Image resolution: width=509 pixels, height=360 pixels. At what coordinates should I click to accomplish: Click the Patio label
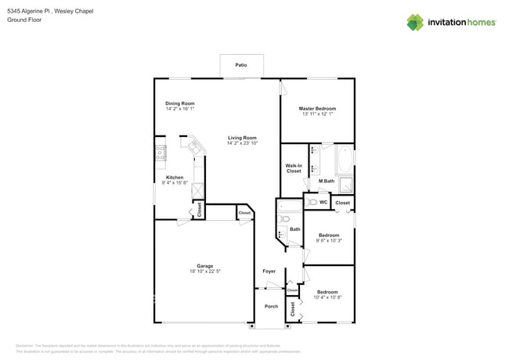[x=241, y=66]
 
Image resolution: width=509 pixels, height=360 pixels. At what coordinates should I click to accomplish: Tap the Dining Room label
[x=179, y=103]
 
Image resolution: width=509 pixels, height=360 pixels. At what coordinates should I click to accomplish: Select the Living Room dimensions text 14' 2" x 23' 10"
[x=242, y=143]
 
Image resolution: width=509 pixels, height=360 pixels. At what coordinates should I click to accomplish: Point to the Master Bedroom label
[x=317, y=108]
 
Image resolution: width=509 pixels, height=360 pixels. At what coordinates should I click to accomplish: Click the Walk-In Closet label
[x=294, y=167]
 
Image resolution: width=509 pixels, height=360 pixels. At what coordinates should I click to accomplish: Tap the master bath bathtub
[x=345, y=161]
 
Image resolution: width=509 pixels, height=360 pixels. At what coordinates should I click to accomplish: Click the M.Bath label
[x=327, y=182]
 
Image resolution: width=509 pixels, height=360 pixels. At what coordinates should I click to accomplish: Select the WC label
[x=323, y=202]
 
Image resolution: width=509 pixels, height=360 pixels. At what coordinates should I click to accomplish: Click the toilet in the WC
[x=312, y=202]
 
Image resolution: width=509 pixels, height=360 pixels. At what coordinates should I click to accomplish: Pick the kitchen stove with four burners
[x=160, y=153]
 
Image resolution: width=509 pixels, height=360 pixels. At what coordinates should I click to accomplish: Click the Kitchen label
[x=175, y=178]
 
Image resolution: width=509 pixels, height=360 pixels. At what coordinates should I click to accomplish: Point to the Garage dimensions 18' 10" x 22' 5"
[x=205, y=271]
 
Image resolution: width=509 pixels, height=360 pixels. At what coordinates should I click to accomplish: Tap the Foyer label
[x=269, y=271]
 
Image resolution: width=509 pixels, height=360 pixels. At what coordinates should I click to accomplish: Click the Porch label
[x=271, y=306]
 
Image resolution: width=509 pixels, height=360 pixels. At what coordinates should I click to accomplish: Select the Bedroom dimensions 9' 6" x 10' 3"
[x=329, y=240]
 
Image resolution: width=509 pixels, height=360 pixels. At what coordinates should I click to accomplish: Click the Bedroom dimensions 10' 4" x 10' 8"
[x=327, y=297]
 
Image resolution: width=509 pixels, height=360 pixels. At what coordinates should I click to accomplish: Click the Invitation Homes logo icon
[x=414, y=22]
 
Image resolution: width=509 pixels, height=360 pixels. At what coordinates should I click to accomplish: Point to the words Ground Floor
[x=24, y=20]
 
